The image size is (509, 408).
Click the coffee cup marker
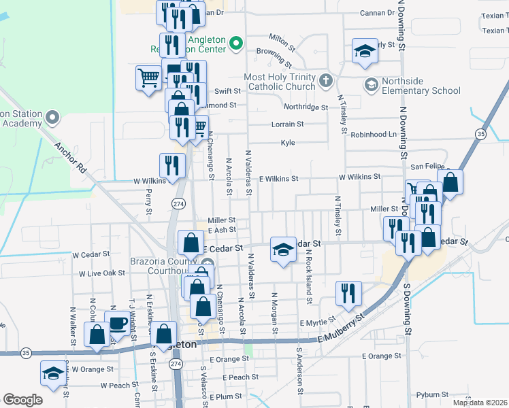[x=118, y=323]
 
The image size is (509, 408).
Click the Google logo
[x=22, y=400]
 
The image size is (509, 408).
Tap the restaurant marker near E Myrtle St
[x=348, y=293]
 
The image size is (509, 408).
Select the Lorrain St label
[x=288, y=124]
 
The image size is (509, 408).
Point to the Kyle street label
[x=288, y=143]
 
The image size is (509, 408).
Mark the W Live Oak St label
[x=102, y=273]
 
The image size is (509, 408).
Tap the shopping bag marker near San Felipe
[x=450, y=182]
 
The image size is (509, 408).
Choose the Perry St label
[x=149, y=202]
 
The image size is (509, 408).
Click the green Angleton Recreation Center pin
[x=236, y=44]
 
